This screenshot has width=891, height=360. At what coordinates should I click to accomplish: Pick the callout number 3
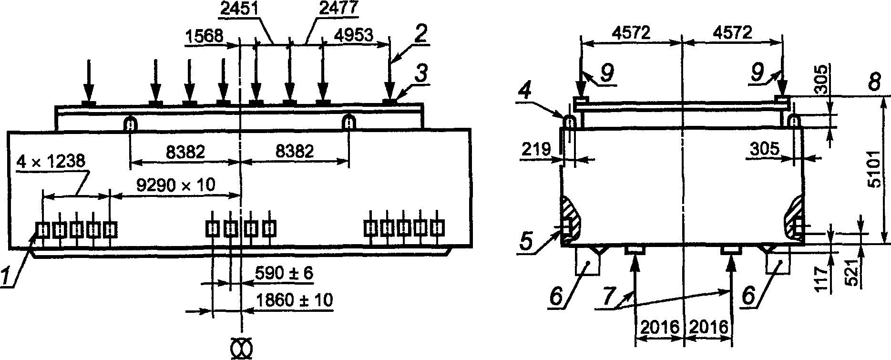421,74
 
